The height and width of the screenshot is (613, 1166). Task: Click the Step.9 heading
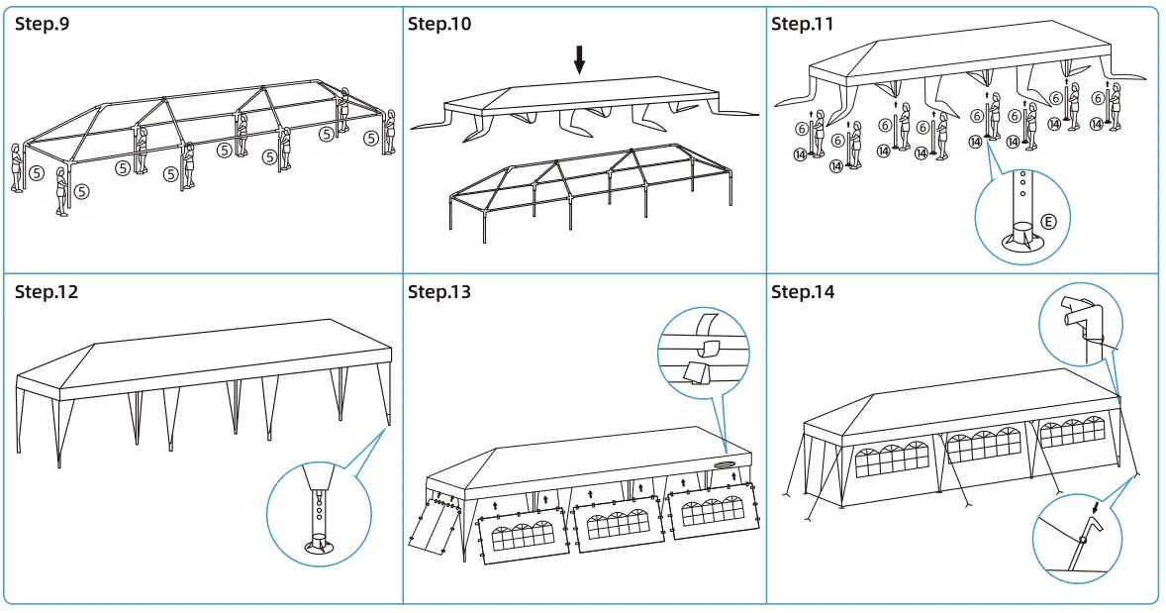click(42, 24)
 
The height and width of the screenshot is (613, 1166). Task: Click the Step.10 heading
click(439, 24)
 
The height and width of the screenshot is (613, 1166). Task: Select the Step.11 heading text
click(803, 24)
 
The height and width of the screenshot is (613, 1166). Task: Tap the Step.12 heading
click(47, 292)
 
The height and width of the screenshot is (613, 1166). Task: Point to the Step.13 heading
click(439, 292)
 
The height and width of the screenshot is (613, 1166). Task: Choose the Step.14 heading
click(803, 292)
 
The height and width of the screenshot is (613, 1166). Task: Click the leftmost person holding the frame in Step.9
click(16, 168)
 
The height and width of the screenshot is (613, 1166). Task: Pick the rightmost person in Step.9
click(390, 132)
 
